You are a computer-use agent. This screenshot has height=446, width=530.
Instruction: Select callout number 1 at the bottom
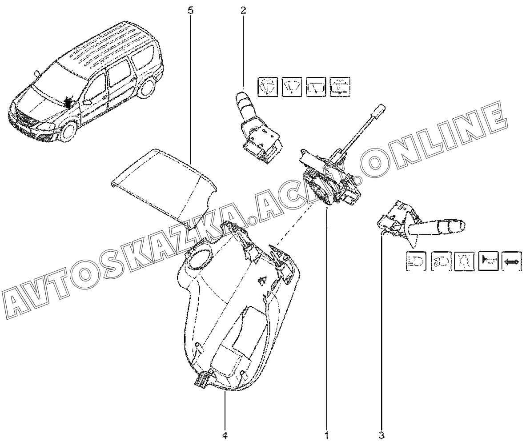[327, 434]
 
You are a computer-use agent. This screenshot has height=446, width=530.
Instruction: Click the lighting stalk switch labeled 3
[422, 225]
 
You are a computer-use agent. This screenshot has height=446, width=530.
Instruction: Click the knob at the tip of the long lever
[379, 109]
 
